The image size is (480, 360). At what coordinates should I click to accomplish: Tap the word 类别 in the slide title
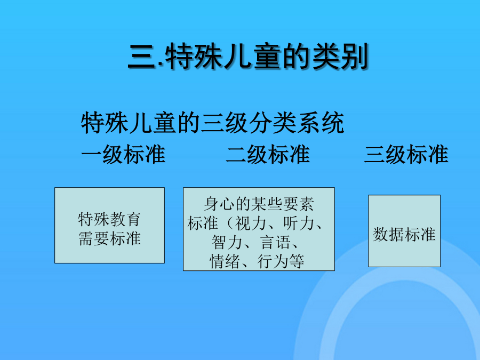[340, 57]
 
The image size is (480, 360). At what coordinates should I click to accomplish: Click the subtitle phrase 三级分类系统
[273, 123]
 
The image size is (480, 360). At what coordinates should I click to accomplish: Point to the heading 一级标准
[123, 154]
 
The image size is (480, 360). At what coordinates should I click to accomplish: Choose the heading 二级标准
[268, 154]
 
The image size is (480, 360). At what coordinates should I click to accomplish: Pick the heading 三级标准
[406, 154]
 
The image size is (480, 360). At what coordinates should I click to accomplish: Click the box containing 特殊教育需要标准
[109, 225]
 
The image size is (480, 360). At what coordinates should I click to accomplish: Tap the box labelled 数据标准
[404, 231]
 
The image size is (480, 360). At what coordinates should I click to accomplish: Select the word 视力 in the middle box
[251, 223]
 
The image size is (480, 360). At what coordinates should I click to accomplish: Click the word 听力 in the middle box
[299, 223]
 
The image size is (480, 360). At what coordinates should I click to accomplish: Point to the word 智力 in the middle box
[227, 242]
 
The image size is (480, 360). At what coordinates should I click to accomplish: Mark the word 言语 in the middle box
[275, 242]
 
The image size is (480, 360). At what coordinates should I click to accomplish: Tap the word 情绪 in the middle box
[225, 261]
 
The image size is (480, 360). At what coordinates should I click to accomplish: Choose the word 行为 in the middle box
[273, 261]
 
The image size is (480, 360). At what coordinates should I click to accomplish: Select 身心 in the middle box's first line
[219, 204]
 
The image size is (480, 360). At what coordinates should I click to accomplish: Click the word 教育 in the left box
[125, 219]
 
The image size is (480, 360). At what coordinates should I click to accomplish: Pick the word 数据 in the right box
[388, 235]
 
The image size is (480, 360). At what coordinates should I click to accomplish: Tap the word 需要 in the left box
[94, 238]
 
